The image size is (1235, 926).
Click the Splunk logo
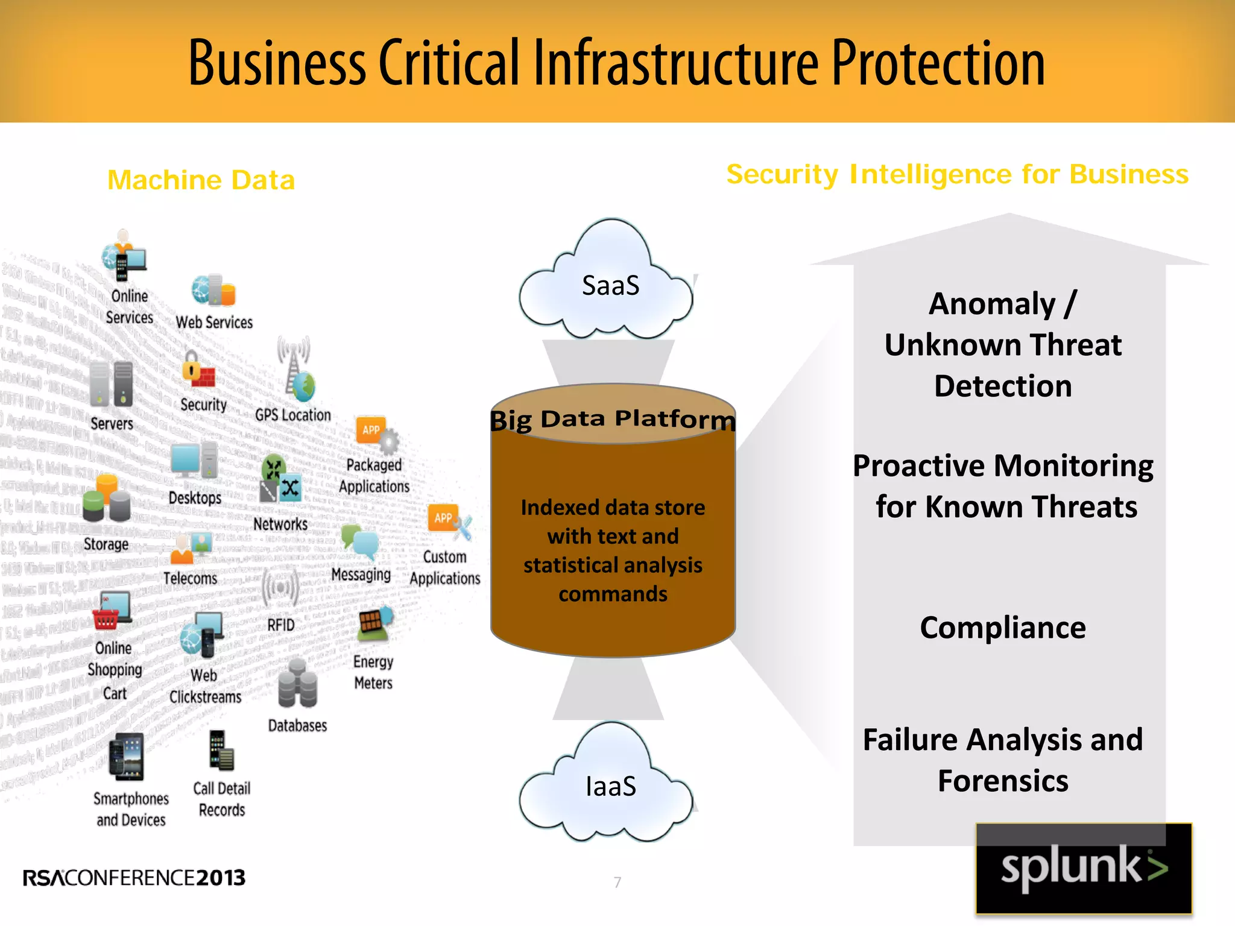click(1084, 869)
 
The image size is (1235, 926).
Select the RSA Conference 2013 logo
click(134, 878)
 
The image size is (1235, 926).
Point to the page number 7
click(617, 883)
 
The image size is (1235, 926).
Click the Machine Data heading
click(201, 180)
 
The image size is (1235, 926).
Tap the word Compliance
click(1003, 628)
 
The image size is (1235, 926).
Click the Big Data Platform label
click(613, 418)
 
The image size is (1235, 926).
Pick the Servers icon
click(112, 383)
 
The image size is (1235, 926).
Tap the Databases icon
click(297, 684)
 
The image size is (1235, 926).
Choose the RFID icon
click(280, 588)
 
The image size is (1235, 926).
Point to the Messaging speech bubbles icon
click(360, 541)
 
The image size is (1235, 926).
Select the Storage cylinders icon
click(106, 499)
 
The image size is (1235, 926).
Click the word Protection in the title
click(938, 63)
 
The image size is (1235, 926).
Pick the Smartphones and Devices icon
click(127, 757)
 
